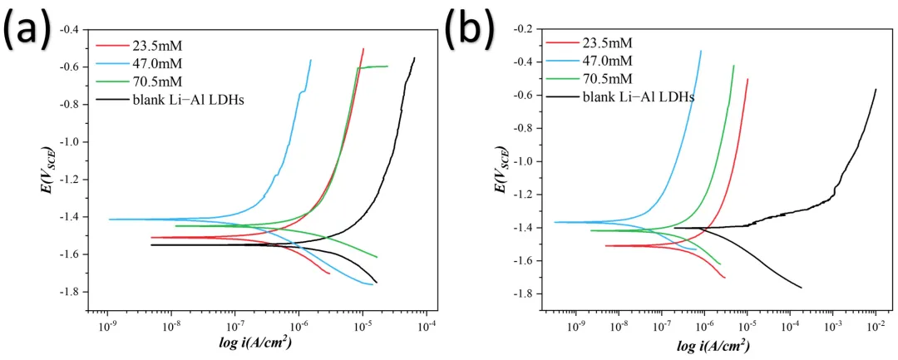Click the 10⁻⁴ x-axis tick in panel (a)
pyautogui.click(x=427, y=326)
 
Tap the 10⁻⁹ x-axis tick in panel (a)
pyautogui.click(x=107, y=326)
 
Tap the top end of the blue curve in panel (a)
pyautogui.click(x=311, y=60)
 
